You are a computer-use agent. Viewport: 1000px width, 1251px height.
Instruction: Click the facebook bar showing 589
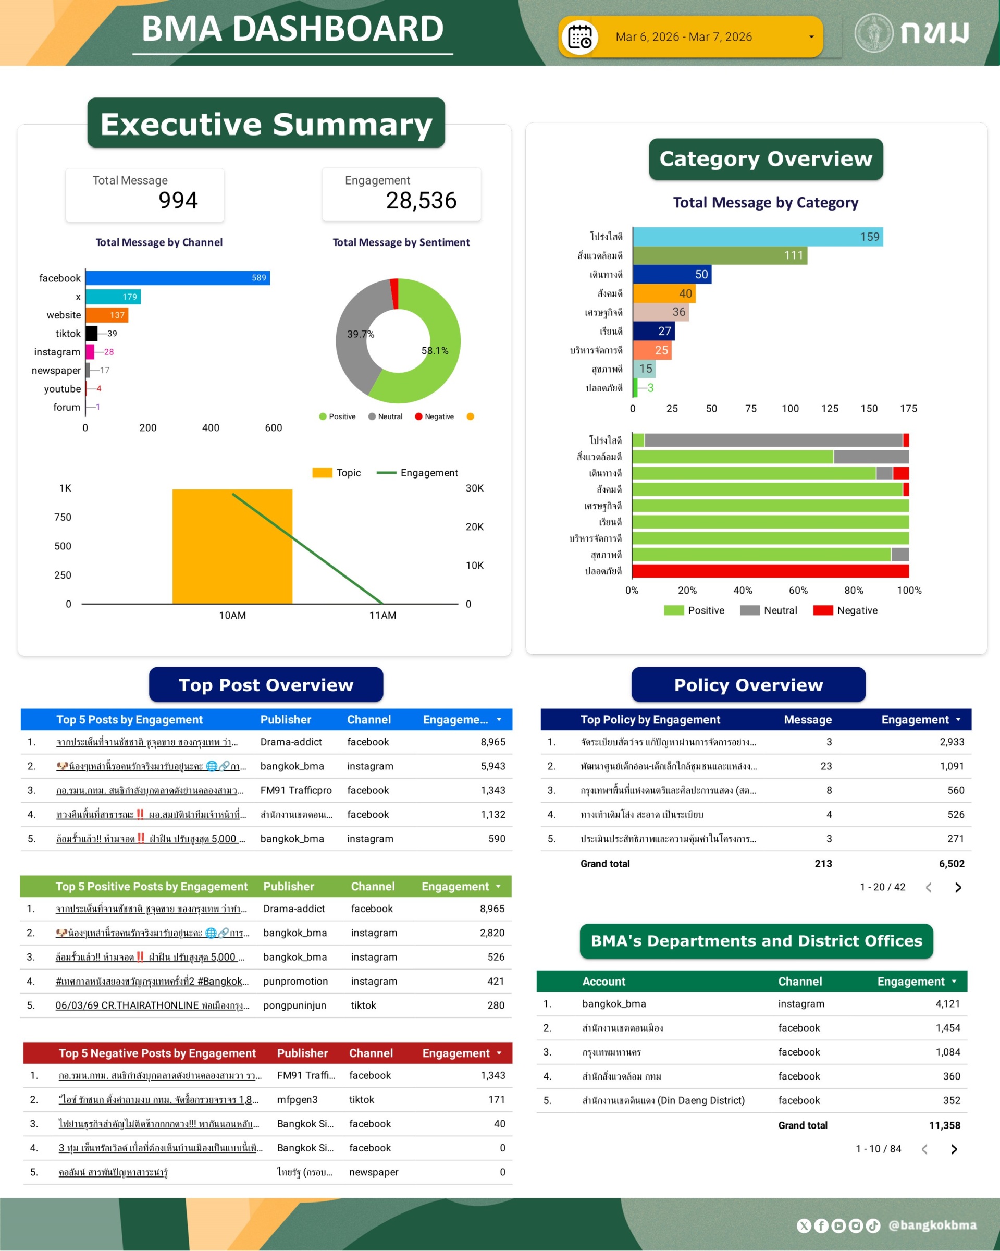pos(177,278)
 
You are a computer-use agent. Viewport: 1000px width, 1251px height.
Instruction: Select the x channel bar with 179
pos(113,297)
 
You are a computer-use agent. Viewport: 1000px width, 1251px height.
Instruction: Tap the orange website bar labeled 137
pos(107,315)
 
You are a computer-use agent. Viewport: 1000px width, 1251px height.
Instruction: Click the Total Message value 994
pos(178,201)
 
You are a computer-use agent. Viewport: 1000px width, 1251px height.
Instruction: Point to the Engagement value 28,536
pos(421,201)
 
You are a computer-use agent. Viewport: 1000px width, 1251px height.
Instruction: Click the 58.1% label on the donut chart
pos(435,350)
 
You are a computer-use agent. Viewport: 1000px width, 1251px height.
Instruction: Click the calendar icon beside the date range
pos(579,37)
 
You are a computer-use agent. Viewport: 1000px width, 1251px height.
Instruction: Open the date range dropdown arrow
pos(811,37)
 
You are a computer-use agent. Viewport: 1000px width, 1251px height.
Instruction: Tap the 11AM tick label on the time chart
pos(383,615)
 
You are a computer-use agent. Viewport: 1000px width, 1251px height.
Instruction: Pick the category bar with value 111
pos(719,255)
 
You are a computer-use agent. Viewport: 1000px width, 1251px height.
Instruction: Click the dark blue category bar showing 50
pos(672,275)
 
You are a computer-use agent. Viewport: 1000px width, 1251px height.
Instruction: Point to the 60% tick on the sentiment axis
pos(798,591)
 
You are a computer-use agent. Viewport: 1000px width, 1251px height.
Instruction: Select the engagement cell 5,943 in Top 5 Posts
pos(492,766)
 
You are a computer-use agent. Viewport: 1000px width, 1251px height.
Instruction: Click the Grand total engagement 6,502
pos(951,863)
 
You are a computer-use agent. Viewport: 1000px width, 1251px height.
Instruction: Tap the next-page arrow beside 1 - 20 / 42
pos(958,887)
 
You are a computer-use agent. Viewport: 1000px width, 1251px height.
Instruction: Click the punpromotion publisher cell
pos(295,981)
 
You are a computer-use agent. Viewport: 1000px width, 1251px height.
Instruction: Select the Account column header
pos(603,981)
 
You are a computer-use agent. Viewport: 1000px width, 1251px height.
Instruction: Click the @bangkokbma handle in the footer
pos(932,1225)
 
